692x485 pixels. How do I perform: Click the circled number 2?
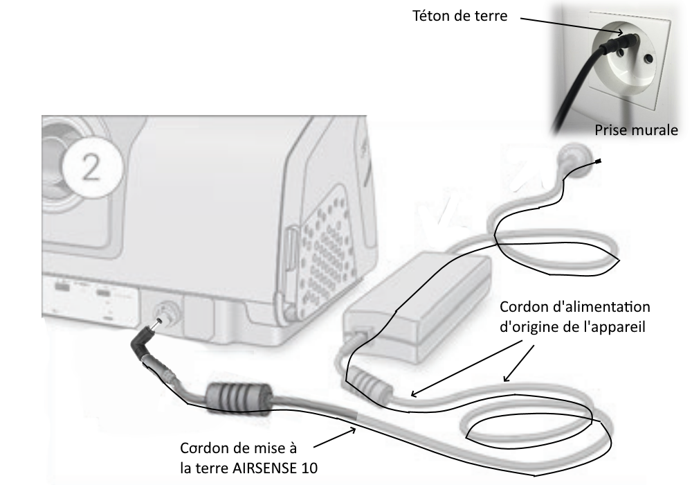pyautogui.click(x=92, y=168)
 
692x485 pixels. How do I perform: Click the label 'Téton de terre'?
pyautogui.click(x=460, y=16)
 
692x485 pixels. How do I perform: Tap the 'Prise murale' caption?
pyautogui.click(x=636, y=130)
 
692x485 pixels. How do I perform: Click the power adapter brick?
pyautogui.click(x=417, y=306)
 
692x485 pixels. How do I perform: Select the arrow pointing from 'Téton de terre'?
pyautogui.click(x=572, y=26)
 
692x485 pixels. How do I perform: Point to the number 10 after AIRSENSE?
pyautogui.click(x=309, y=468)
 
